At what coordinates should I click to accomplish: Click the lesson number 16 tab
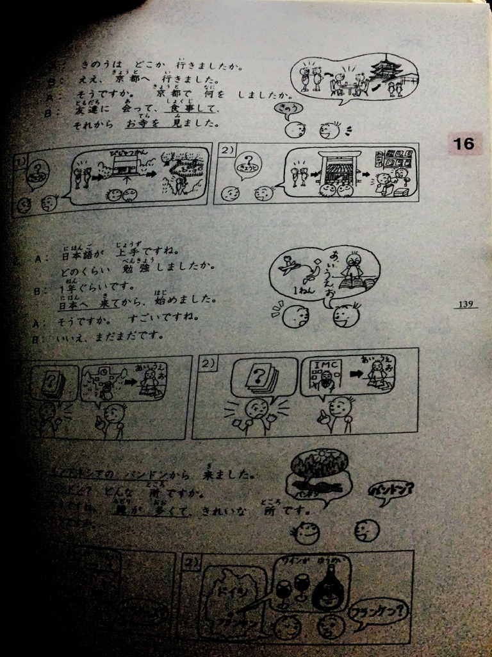[x=463, y=144]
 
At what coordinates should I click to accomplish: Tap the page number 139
[x=466, y=303]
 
